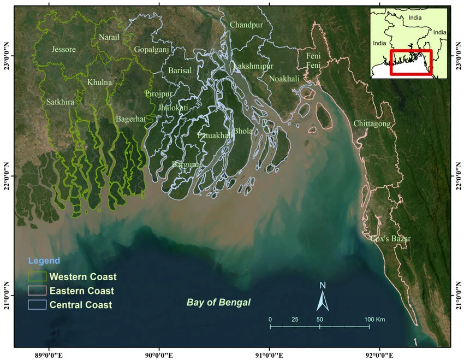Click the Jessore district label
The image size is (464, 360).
63,50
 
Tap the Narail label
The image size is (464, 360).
109,37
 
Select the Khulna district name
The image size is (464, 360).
99,82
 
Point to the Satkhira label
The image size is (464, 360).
60,101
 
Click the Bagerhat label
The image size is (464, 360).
130,119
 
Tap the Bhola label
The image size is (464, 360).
242,131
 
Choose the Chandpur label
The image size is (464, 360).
246,25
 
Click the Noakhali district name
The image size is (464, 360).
284,79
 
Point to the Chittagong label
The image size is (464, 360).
372,124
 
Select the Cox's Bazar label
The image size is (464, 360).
390,239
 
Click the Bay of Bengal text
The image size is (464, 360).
218,302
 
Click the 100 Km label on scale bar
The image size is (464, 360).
375,319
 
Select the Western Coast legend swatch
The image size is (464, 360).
38,277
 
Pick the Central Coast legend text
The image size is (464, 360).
81,305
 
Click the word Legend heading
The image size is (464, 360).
44,261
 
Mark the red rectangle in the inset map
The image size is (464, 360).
411,63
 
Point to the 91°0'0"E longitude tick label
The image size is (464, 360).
269,354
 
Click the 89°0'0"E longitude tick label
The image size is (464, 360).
50,354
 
